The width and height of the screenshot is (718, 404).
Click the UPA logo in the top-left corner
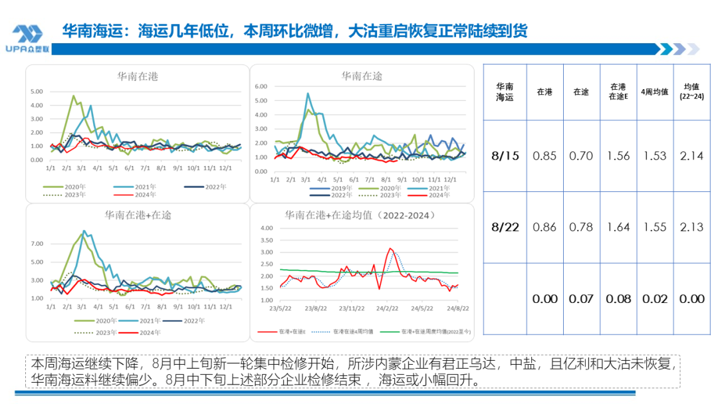pos(27,39)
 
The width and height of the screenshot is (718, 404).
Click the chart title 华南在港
pos(138,77)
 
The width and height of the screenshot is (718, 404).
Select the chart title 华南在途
pos(362,77)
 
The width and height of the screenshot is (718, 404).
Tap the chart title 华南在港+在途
pos(138,215)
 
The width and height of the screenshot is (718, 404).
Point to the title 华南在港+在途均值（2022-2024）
pos(360,215)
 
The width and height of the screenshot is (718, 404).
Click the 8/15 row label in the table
pos(505,156)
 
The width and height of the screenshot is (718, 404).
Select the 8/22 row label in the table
pos(505,227)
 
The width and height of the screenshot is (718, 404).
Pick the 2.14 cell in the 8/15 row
pos(691,156)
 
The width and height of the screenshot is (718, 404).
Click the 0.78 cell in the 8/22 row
pos(581,227)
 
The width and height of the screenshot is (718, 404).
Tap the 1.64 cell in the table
pos(618,227)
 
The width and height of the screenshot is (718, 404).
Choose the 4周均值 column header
pos(654,92)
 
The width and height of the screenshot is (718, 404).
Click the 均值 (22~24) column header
pos(691,92)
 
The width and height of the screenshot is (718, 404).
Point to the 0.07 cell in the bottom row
pos(581,299)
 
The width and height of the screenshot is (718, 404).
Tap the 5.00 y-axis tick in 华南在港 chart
pos(37,91)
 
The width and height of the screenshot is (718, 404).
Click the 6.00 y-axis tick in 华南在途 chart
pos(261,86)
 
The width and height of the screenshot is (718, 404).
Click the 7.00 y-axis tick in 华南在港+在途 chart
pos(37,244)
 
